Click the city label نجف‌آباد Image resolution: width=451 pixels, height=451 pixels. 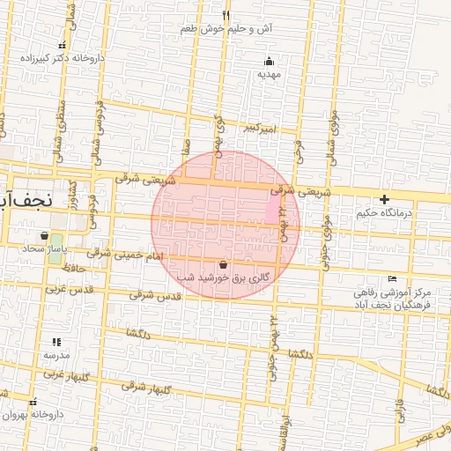coord(26,198)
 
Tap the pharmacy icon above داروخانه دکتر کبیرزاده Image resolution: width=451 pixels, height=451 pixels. coord(62,46)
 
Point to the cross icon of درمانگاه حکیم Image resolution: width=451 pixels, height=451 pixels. coord(384,200)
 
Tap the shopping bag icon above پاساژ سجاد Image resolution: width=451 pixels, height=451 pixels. coord(44,236)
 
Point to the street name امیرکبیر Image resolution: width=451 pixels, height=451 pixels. coord(262,129)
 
